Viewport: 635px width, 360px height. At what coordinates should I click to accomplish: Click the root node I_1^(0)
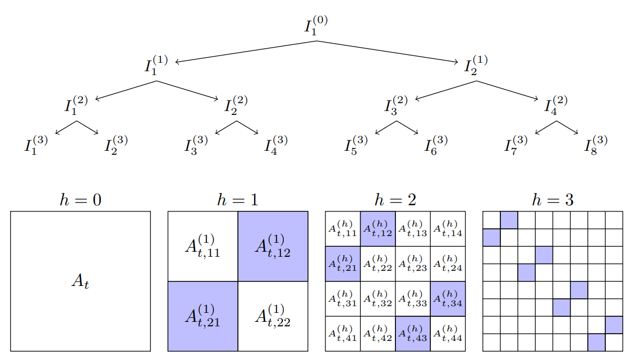click(316, 26)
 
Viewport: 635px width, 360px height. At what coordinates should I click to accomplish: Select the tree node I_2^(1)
click(476, 65)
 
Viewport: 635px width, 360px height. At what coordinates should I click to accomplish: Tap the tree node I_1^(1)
click(156, 65)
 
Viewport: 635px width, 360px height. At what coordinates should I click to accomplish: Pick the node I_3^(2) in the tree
click(396, 105)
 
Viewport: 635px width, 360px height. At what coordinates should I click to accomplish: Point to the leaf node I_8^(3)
click(596, 145)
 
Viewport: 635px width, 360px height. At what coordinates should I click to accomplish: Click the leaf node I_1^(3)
click(36, 145)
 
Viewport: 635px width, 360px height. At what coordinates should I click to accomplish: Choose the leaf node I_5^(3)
click(356, 145)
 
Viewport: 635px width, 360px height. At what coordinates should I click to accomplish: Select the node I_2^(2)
click(236, 105)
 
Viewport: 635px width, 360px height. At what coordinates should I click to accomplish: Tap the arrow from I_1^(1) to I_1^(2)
click(126, 90)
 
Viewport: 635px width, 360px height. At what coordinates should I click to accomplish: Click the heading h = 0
click(81, 200)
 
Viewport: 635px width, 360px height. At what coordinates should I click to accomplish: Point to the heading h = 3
click(553, 200)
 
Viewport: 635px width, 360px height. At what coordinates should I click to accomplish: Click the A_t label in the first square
click(80, 281)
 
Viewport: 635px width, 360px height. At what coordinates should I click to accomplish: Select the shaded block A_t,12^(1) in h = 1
click(273, 246)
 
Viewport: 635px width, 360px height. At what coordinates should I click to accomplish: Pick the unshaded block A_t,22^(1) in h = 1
click(273, 316)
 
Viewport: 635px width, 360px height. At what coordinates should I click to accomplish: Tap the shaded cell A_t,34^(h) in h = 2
click(448, 299)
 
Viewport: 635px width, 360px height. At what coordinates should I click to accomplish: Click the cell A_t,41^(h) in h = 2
click(343, 334)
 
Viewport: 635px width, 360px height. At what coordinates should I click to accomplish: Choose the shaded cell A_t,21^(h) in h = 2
click(343, 264)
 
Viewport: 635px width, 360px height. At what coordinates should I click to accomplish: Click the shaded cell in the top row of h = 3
click(509, 220)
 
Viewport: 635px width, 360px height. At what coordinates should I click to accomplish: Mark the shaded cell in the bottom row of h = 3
click(596, 342)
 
